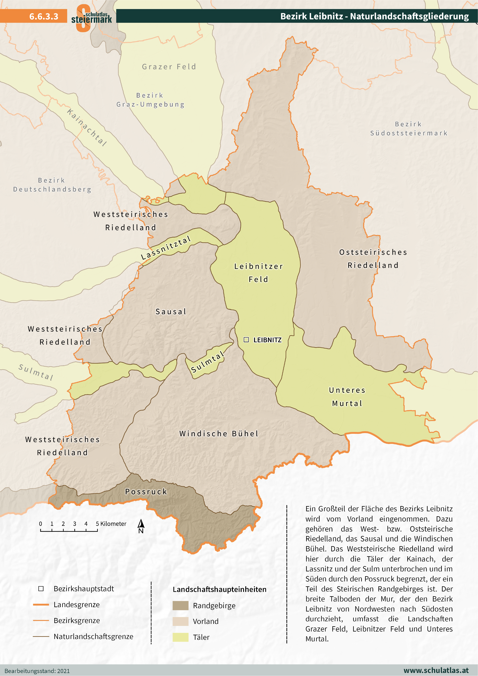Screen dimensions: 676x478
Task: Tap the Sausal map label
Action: click(x=171, y=312)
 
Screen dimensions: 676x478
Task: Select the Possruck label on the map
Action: click(x=146, y=491)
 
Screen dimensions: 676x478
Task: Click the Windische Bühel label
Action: click(x=219, y=433)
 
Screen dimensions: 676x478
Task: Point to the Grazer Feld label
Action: click(x=169, y=67)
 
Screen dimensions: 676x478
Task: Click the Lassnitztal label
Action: click(x=166, y=248)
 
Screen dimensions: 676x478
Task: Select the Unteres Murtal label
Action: click(x=347, y=397)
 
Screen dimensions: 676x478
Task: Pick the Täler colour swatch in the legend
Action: click(x=180, y=637)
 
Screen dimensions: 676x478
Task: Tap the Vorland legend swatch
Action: click(x=180, y=621)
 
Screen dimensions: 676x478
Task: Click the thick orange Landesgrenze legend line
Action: click(x=41, y=605)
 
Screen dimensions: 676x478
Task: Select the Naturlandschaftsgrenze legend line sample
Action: click(x=41, y=637)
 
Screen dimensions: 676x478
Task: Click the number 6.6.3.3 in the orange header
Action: click(x=44, y=16)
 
